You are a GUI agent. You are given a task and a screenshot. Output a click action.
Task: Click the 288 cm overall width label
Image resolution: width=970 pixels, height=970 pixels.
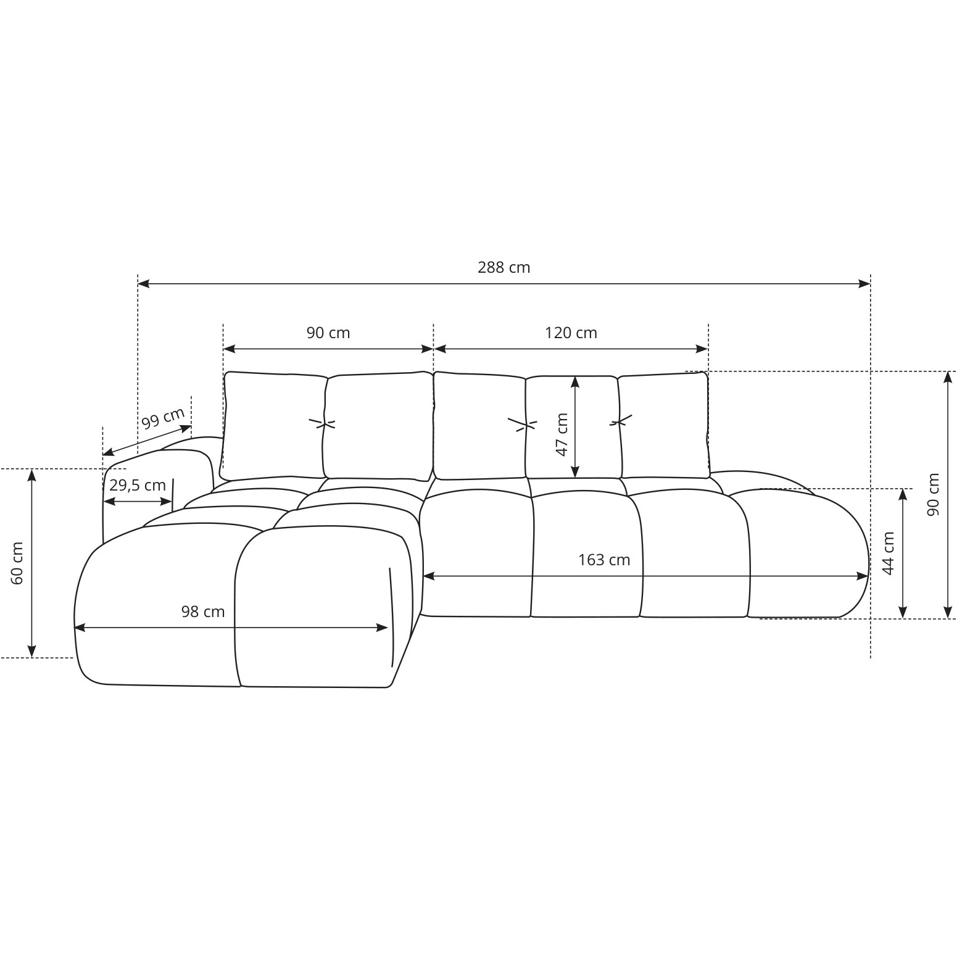[x=504, y=267]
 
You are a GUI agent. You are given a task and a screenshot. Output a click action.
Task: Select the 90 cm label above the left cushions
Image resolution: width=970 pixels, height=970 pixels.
[x=328, y=333]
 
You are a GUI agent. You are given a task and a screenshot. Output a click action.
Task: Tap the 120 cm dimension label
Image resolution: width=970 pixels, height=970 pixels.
[x=571, y=333]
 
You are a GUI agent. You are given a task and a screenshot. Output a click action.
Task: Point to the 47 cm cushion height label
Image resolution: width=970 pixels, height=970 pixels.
[x=562, y=434]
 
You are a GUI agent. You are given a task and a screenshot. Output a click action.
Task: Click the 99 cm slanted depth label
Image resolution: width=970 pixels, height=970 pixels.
[x=163, y=418]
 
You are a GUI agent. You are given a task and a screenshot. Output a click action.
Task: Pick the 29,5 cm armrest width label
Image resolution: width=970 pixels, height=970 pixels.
[x=138, y=485]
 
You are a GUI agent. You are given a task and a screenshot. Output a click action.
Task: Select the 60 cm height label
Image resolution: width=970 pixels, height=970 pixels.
[x=17, y=563]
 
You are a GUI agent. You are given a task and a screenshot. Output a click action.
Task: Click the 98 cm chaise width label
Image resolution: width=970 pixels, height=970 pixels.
[x=203, y=611]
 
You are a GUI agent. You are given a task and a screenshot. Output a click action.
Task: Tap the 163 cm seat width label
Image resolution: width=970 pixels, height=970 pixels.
[x=604, y=560]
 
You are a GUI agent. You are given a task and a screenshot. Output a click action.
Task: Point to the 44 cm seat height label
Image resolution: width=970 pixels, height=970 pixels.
[x=888, y=553]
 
